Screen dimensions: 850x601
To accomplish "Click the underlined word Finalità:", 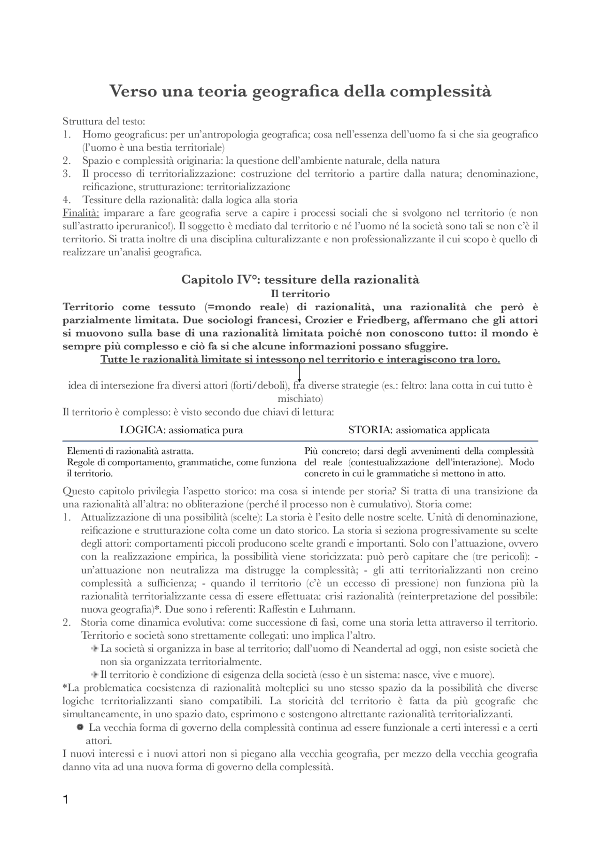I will [x=81, y=213].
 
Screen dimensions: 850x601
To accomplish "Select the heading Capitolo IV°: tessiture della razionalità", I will [x=300, y=280].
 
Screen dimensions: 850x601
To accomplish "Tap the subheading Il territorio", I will [x=300, y=294].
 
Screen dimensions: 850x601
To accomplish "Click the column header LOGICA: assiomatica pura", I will [x=181, y=430].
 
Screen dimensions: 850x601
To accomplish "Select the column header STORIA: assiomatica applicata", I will [x=419, y=430].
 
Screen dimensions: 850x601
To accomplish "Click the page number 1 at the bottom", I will [x=66, y=800].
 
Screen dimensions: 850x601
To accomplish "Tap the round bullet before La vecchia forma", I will [x=80, y=727].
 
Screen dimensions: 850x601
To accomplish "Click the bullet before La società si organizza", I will [x=94, y=649].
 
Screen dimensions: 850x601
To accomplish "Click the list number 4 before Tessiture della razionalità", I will [x=66, y=200].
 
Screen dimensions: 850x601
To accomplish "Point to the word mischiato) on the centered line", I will [x=300, y=399].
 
